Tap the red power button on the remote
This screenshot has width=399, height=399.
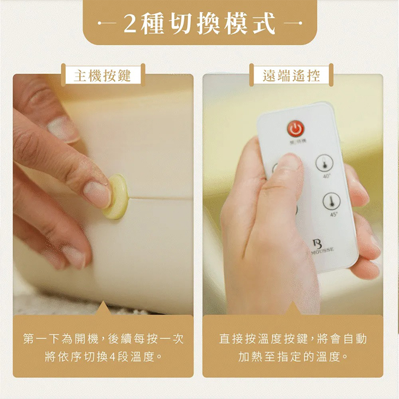click(296, 128)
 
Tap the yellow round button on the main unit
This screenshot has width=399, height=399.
click(115, 197)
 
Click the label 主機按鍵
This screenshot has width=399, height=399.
click(103, 75)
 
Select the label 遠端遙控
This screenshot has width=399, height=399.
click(291, 75)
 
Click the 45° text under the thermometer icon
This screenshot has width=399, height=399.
click(334, 214)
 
